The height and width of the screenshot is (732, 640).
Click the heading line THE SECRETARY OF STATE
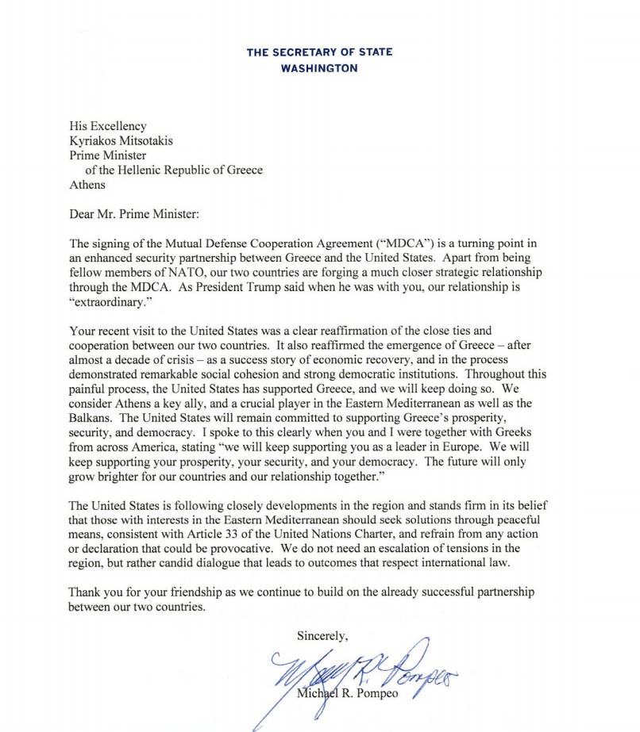pyautogui.click(x=319, y=52)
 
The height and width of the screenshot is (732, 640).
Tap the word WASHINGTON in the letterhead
pyautogui.click(x=319, y=68)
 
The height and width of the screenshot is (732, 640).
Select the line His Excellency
pyautogui.click(x=108, y=126)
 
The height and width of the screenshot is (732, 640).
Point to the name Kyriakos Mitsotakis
pyautogui.click(x=121, y=141)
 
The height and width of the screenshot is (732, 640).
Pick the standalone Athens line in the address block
pyautogui.click(x=87, y=186)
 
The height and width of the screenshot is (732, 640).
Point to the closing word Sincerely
pyautogui.click(x=322, y=635)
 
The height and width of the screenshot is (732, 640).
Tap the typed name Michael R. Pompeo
pyautogui.click(x=349, y=696)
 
